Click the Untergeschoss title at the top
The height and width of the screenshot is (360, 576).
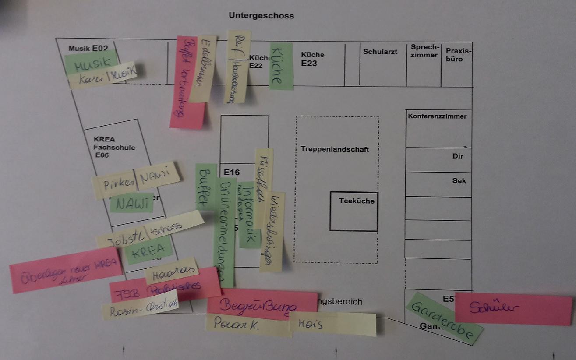261,16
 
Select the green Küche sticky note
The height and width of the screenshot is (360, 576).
280,67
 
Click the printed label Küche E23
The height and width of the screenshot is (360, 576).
312,59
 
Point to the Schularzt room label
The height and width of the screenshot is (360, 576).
380,52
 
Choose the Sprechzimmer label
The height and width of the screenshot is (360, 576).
424,51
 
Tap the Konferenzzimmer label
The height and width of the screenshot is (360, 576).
437,116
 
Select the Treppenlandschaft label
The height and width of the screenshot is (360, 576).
335,149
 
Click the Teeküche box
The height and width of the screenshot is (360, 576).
354,211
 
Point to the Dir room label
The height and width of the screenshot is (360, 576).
458,156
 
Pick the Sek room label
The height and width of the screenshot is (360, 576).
459,180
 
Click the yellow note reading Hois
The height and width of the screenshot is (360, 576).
333,325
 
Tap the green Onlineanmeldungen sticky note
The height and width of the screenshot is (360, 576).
224,232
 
